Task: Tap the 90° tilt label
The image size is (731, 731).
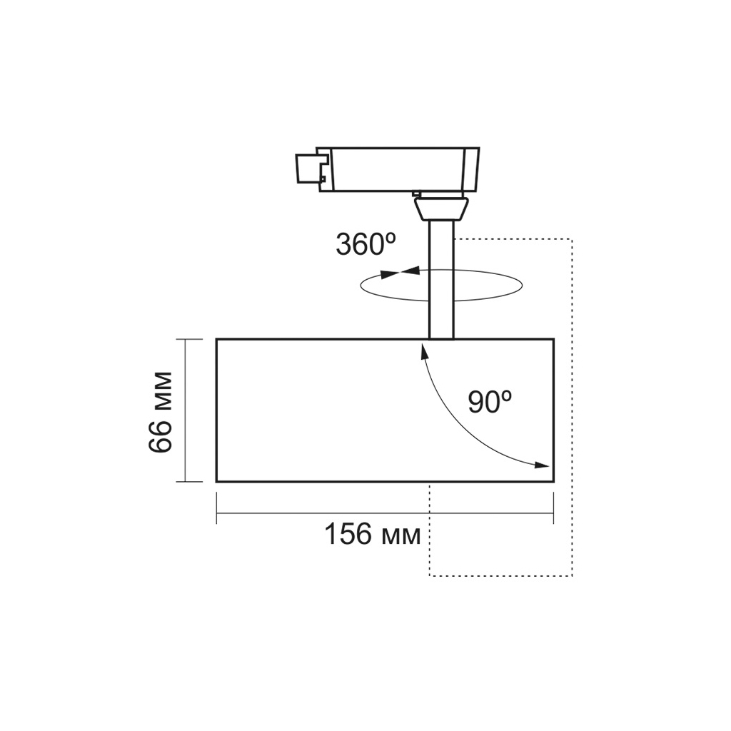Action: [x=490, y=401]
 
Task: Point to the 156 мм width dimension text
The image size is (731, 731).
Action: [x=373, y=534]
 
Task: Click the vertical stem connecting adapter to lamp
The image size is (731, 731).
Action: [x=441, y=280]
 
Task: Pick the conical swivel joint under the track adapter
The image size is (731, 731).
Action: [x=440, y=208]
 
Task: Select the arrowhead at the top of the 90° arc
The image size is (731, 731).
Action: [x=424, y=350]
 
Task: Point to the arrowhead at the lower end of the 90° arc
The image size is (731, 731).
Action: [x=542, y=465]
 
